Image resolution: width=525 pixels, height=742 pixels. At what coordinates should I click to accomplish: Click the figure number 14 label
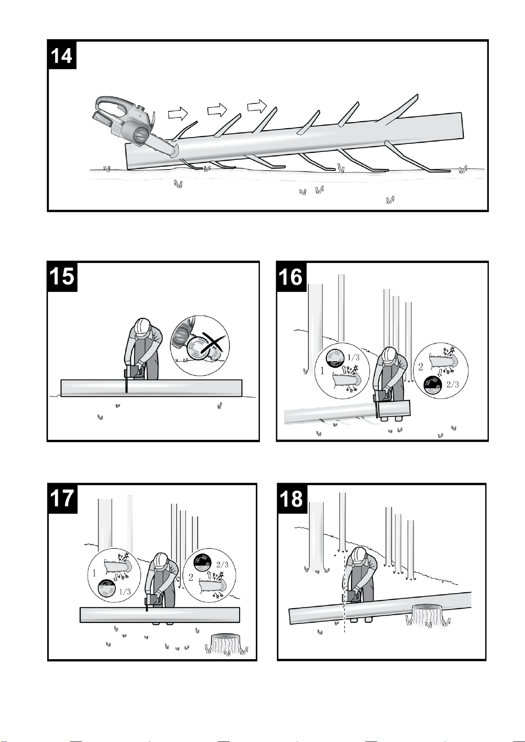(62, 55)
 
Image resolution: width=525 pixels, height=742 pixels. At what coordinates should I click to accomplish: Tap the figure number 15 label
(62, 277)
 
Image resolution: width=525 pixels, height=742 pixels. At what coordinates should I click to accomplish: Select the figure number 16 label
(291, 277)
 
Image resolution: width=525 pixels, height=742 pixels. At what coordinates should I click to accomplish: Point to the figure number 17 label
(62, 498)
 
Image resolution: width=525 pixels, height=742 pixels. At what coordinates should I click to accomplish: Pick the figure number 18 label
(292, 498)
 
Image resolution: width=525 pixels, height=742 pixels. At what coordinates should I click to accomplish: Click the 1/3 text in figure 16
(353, 357)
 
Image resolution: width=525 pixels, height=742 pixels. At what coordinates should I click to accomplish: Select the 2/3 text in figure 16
(453, 384)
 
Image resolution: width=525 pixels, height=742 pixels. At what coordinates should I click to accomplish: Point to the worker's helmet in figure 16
(389, 356)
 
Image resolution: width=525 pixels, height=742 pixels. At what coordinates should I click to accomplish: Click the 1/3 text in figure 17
(125, 591)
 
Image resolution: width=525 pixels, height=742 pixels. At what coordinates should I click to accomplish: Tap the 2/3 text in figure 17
(222, 564)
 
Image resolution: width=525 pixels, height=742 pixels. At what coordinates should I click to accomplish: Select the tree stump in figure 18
(428, 616)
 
